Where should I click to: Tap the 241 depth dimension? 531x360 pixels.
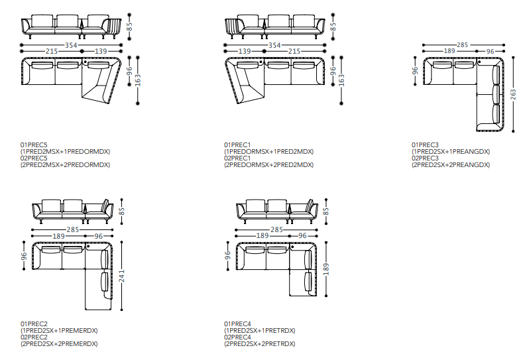(x=121, y=278)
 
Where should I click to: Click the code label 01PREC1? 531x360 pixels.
(x=237, y=145)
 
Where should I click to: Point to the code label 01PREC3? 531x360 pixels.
(x=425, y=145)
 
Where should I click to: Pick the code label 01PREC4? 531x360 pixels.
(x=237, y=324)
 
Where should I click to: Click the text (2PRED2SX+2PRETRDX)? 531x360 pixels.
(x=259, y=344)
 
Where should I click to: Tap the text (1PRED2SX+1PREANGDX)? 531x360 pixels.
(x=450, y=152)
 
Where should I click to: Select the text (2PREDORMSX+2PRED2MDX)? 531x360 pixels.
(x=268, y=165)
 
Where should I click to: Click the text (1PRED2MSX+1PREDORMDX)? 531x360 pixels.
(x=65, y=152)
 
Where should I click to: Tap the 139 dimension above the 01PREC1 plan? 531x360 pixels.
(x=243, y=51)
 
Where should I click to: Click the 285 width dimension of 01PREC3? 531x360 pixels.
(x=461, y=44)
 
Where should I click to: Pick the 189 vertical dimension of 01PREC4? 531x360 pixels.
(x=325, y=269)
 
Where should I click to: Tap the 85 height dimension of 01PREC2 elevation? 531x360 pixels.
(x=121, y=211)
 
